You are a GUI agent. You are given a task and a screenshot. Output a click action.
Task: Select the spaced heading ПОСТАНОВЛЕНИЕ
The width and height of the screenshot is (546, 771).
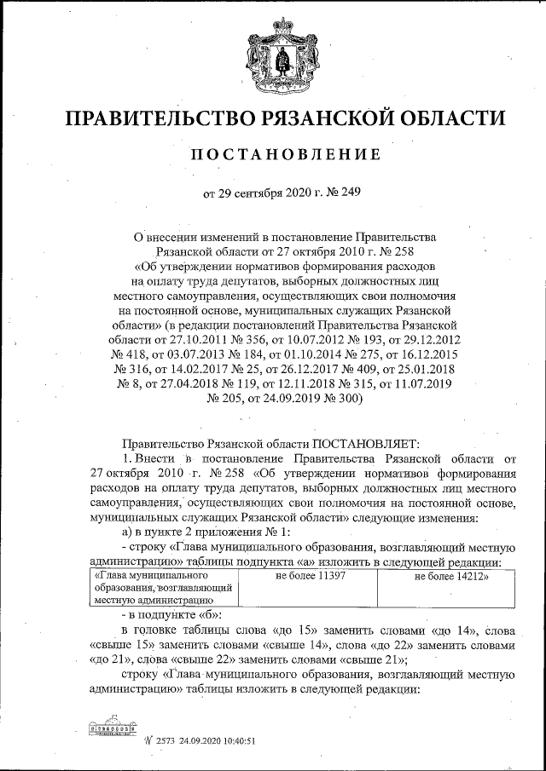pos(272,155)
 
